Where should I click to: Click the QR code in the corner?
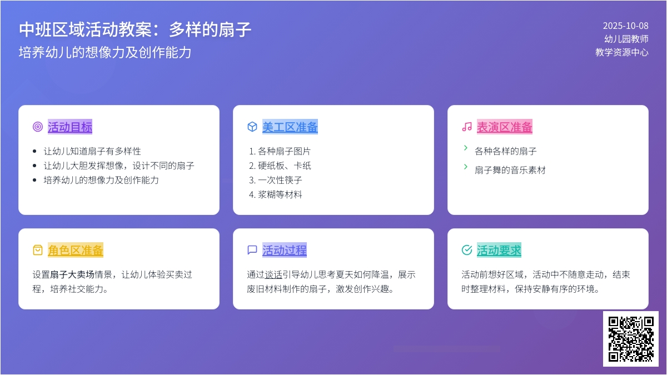[x=630, y=338]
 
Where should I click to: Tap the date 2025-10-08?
[x=625, y=26]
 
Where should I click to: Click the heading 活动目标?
[x=70, y=127]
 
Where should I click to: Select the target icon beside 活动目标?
[x=38, y=127]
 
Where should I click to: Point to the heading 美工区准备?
[x=290, y=127]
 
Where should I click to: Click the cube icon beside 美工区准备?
[x=252, y=127]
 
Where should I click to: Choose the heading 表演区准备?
[x=505, y=127]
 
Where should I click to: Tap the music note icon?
[x=467, y=127]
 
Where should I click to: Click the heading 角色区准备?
[x=76, y=251]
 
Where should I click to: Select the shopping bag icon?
[x=38, y=251]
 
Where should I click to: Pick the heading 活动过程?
[x=285, y=251]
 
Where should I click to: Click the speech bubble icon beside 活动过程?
[x=252, y=251]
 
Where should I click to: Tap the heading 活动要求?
[x=499, y=251]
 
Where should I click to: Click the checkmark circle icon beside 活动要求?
[x=467, y=251]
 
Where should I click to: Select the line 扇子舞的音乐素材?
[x=510, y=170]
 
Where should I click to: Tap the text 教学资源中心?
[x=622, y=52]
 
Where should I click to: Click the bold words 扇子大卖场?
[x=72, y=274]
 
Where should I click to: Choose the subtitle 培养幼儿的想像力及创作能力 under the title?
[x=105, y=52]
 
